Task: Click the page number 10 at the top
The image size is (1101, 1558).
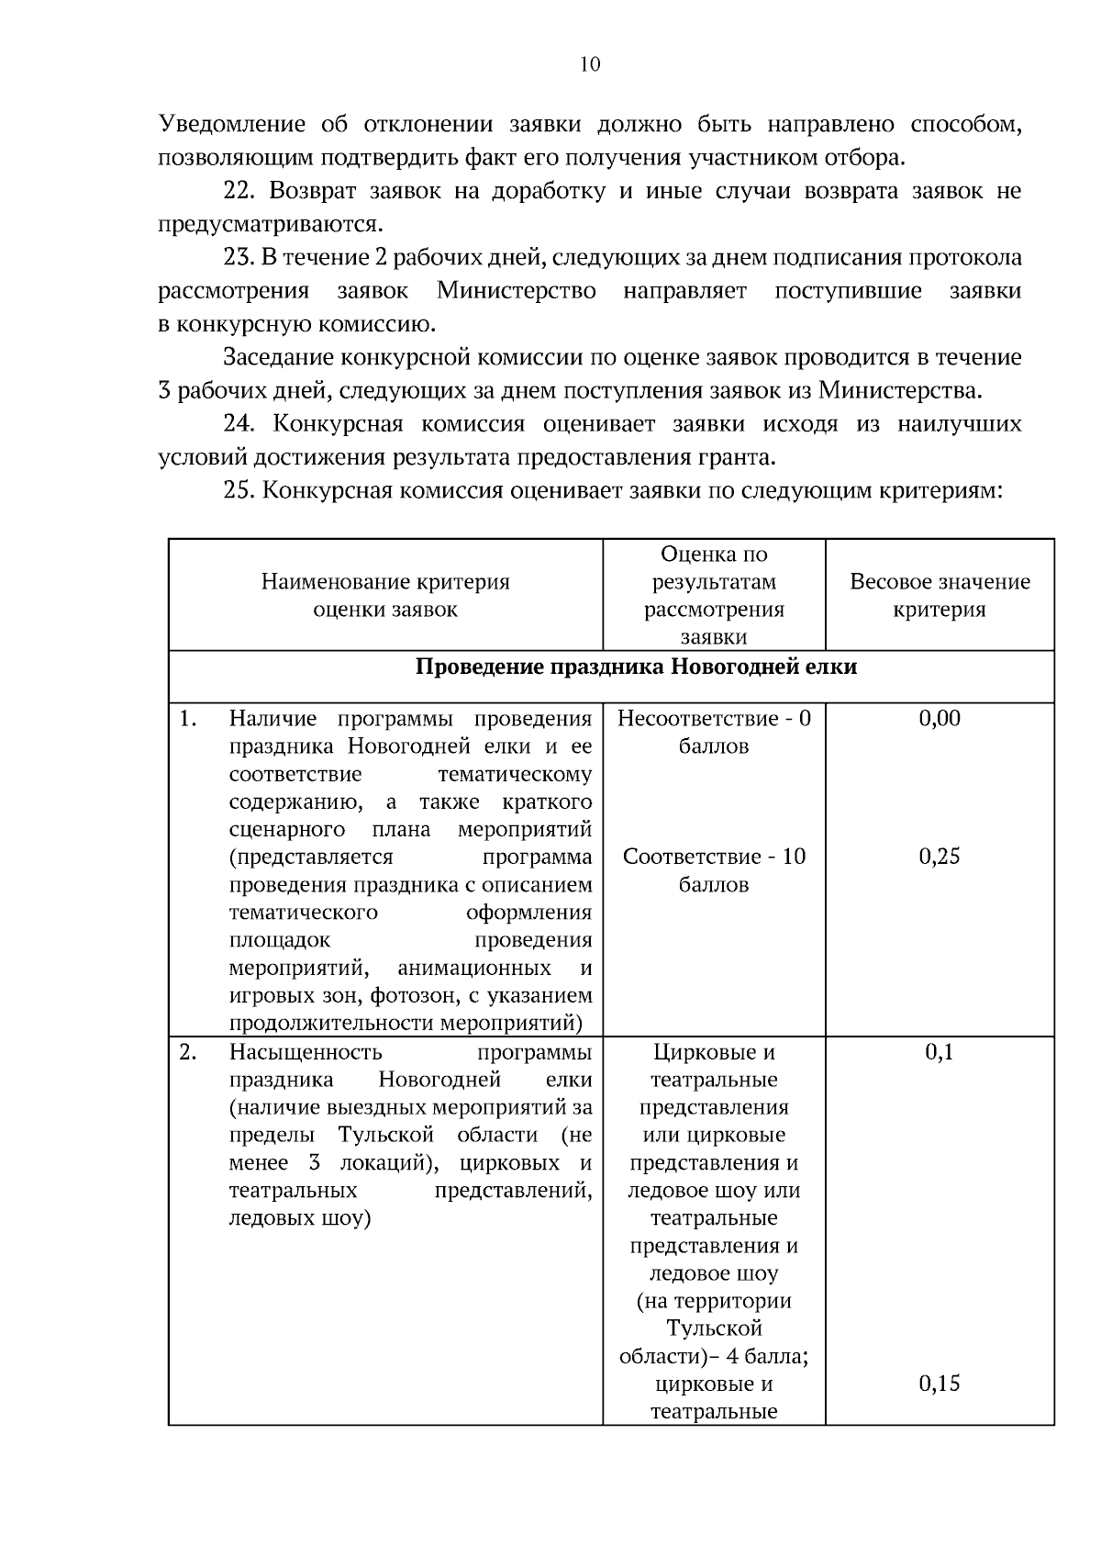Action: click(x=590, y=63)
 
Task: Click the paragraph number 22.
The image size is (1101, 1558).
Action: click(x=239, y=191)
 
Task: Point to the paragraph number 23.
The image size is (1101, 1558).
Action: click(x=239, y=257)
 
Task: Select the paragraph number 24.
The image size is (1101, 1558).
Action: click(x=239, y=423)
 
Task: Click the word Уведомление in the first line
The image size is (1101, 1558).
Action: click(x=235, y=124)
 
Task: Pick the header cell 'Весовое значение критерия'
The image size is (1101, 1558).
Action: click(x=940, y=595)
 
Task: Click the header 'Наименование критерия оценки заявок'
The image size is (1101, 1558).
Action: click(x=385, y=595)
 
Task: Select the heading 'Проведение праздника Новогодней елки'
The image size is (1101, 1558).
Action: click(x=636, y=666)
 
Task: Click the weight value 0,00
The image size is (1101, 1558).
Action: click(x=940, y=718)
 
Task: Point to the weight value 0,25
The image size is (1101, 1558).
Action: click(x=940, y=857)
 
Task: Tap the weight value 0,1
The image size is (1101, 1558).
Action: click(x=940, y=1052)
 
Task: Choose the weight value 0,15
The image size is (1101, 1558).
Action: click(x=940, y=1384)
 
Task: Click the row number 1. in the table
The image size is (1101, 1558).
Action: click(x=188, y=718)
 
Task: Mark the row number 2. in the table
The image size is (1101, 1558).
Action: click(x=188, y=1052)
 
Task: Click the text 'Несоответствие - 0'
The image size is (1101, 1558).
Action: click(x=714, y=718)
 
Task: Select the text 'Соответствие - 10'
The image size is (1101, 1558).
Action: click(x=714, y=857)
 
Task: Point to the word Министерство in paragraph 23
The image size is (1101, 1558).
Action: click(x=516, y=291)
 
